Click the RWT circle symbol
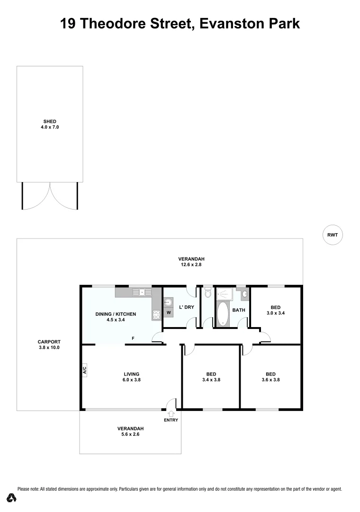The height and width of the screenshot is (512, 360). [333, 234]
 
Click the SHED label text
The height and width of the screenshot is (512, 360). [50, 122]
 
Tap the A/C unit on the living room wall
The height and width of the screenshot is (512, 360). [85, 371]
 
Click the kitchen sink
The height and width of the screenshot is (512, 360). [141, 292]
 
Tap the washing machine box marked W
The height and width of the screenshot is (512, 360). [168, 313]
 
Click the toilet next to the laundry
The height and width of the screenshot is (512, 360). [208, 293]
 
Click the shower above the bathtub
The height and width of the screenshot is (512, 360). [225, 294]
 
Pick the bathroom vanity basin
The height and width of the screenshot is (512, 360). [244, 294]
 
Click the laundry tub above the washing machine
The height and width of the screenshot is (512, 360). [169, 302]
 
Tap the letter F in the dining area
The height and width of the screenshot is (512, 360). [133, 338]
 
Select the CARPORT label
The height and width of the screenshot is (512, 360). [49, 342]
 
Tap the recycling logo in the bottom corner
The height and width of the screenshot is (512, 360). [12, 498]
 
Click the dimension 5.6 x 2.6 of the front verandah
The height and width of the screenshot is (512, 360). [128, 434]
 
